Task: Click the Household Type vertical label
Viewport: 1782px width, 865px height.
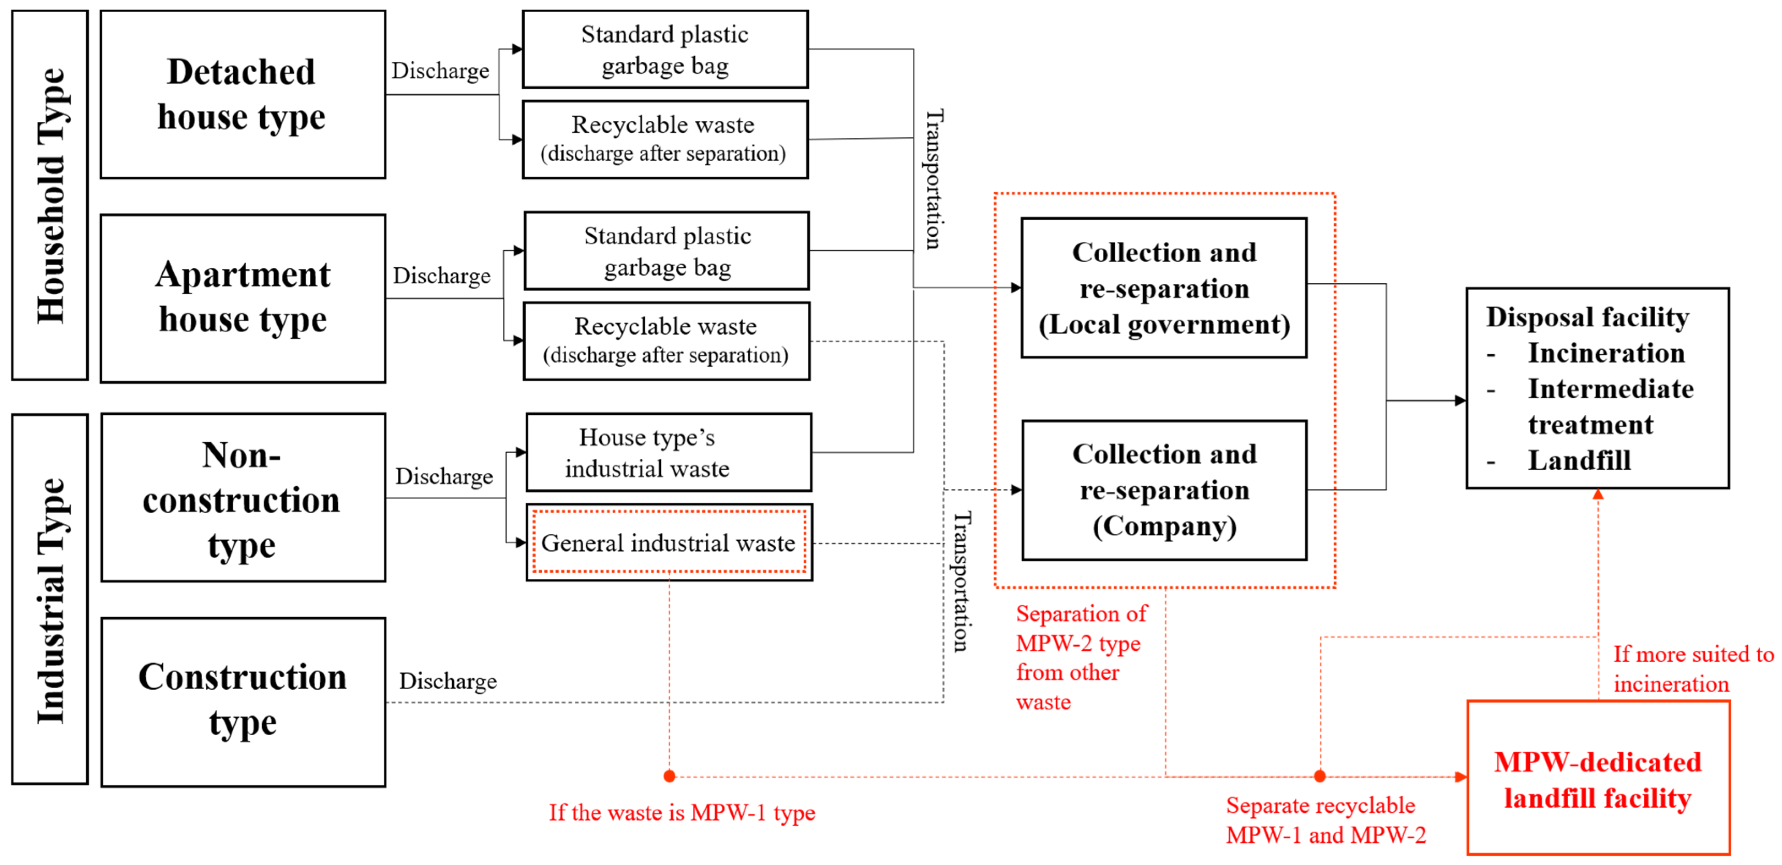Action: (50, 195)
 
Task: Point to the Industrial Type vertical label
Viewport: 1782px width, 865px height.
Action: (50, 599)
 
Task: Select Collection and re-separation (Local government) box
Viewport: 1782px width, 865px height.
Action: (1164, 288)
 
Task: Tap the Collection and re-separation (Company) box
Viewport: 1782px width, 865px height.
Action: (1164, 490)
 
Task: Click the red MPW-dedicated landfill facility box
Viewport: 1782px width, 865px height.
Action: (1598, 779)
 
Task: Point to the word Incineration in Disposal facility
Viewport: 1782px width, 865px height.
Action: (1606, 353)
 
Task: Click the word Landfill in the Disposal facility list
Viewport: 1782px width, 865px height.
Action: (1579, 460)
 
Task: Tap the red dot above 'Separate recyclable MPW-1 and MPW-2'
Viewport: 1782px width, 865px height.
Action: (1320, 776)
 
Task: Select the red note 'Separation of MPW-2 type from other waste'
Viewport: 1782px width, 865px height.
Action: (1081, 657)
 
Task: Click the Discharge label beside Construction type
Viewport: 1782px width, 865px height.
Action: (448, 681)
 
